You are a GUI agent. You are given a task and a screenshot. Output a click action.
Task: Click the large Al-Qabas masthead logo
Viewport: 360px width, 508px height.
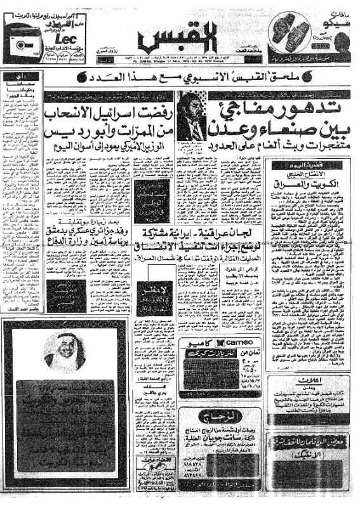pyautogui.click(x=180, y=35)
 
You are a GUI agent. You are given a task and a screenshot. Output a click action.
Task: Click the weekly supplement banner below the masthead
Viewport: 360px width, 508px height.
pyautogui.click(x=180, y=79)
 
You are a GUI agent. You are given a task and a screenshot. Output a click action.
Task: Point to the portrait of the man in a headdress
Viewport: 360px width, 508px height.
pyautogui.click(x=65, y=350)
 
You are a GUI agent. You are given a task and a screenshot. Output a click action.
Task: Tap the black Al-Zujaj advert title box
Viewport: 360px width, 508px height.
pyautogui.click(x=232, y=415)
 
